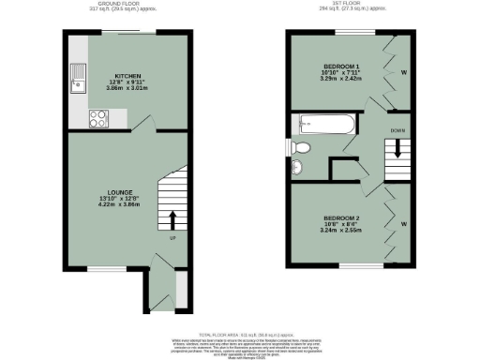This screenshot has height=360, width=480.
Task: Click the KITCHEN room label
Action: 127,74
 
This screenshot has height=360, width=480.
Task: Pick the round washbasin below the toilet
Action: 298,167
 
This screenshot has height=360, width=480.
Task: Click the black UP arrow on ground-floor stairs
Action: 172,218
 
